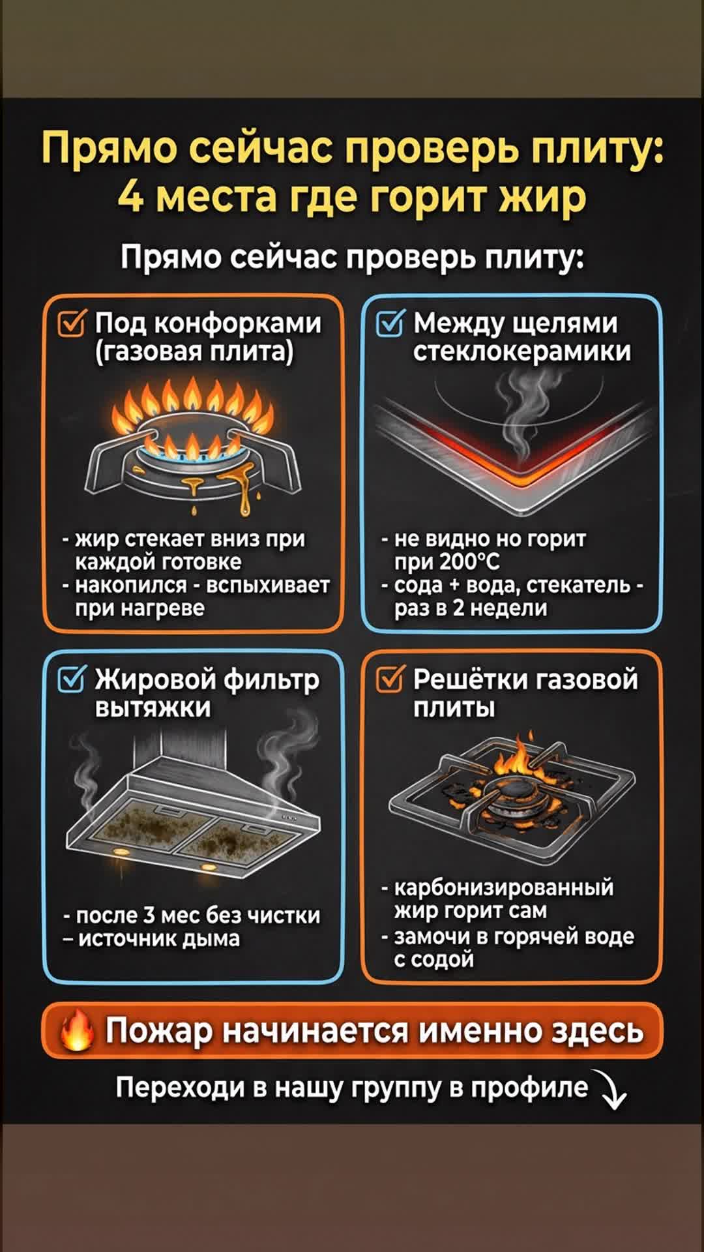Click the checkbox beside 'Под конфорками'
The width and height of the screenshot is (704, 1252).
[x=71, y=323]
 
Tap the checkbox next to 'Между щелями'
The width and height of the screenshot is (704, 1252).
[x=390, y=323]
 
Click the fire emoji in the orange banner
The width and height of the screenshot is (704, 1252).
[x=77, y=1031]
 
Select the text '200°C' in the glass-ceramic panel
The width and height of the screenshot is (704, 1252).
[x=469, y=562]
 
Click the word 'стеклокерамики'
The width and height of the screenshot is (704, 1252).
[x=522, y=352]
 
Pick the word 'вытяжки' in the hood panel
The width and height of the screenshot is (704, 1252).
[x=153, y=708]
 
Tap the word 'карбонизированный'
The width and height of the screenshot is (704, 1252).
[x=504, y=888]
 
